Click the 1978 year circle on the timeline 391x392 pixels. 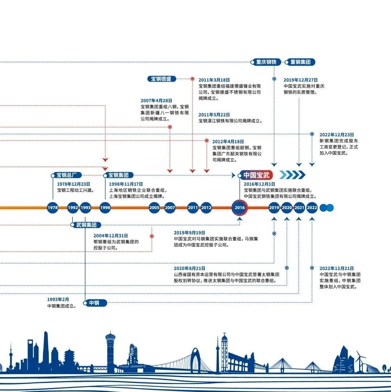[53, 208]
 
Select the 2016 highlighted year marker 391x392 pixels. [240, 208]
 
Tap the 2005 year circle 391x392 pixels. [154, 208]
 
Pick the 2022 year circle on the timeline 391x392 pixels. [312, 208]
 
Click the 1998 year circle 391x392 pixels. [105, 208]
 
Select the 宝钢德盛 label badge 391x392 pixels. [162, 79]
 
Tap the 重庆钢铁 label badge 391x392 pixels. [266, 62]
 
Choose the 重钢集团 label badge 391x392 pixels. [300, 62]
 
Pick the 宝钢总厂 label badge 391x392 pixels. [66, 175]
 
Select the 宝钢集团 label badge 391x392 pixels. [118, 175]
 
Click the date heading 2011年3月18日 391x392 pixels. [214, 80]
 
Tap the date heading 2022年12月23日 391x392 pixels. [337, 135]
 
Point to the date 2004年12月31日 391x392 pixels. [111, 236]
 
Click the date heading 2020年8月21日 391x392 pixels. [190, 269]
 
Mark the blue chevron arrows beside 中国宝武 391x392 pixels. [292, 175]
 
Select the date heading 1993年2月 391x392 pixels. [58, 299]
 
